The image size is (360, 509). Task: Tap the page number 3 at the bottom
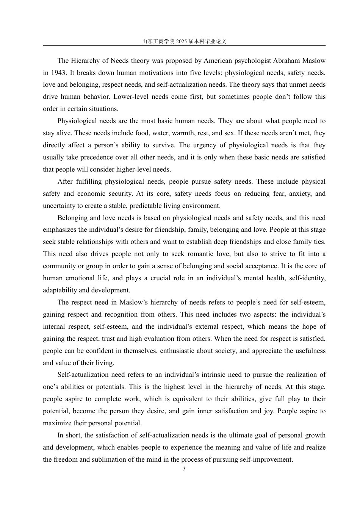point(184,469)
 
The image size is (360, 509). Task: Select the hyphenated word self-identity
point(307,278)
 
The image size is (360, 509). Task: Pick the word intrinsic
point(210,375)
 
